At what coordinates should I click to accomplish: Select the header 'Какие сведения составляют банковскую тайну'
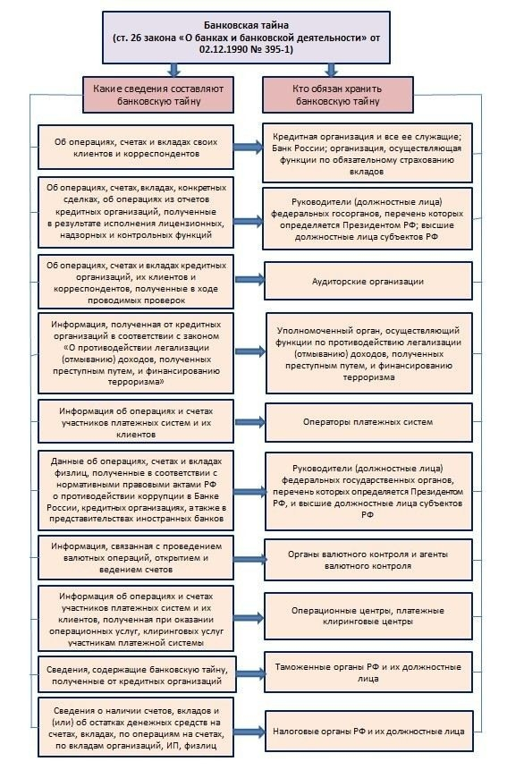[x=158, y=95]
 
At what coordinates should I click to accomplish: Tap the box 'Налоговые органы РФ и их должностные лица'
[x=368, y=731]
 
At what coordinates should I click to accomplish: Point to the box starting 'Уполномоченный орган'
[x=368, y=352]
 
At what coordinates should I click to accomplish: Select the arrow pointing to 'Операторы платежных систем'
[x=249, y=421]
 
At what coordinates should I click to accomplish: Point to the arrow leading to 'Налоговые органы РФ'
[x=249, y=731]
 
